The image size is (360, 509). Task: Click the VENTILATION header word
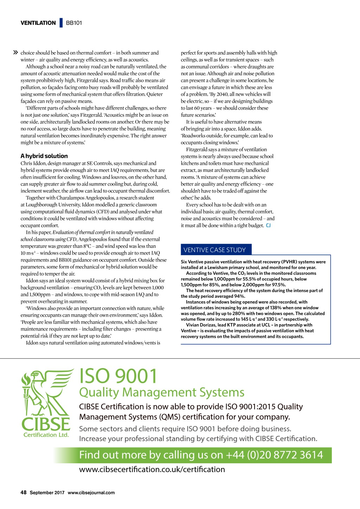click(x=38, y=23)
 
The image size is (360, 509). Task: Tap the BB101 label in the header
click(x=74, y=23)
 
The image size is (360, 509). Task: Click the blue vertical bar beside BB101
click(x=61, y=23)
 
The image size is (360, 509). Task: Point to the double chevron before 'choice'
click(x=15, y=53)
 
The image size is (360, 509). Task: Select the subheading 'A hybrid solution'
click(x=44, y=156)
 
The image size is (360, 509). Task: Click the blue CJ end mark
click(x=268, y=225)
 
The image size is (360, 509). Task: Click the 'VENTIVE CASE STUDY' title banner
click(x=214, y=250)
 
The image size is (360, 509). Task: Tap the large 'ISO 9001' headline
click(x=118, y=376)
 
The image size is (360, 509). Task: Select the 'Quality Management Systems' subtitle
click(x=162, y=392)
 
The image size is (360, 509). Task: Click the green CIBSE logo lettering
click(x=46, y=424)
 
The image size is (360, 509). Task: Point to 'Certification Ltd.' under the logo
click(x=46, y=435)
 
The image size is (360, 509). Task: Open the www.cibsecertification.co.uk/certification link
click(x=152, y=469)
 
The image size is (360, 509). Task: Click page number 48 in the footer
click(x=24, y=492)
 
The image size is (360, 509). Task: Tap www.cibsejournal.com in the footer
click(x=91, y=492)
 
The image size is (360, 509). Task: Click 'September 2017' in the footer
click(x=47, y=492)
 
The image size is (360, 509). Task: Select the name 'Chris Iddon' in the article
click(x=31, y=163)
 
